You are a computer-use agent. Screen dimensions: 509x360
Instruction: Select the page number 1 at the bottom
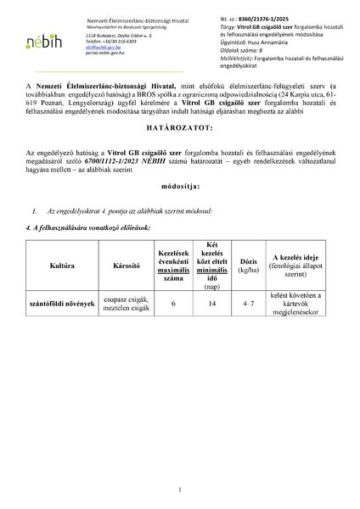180,491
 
